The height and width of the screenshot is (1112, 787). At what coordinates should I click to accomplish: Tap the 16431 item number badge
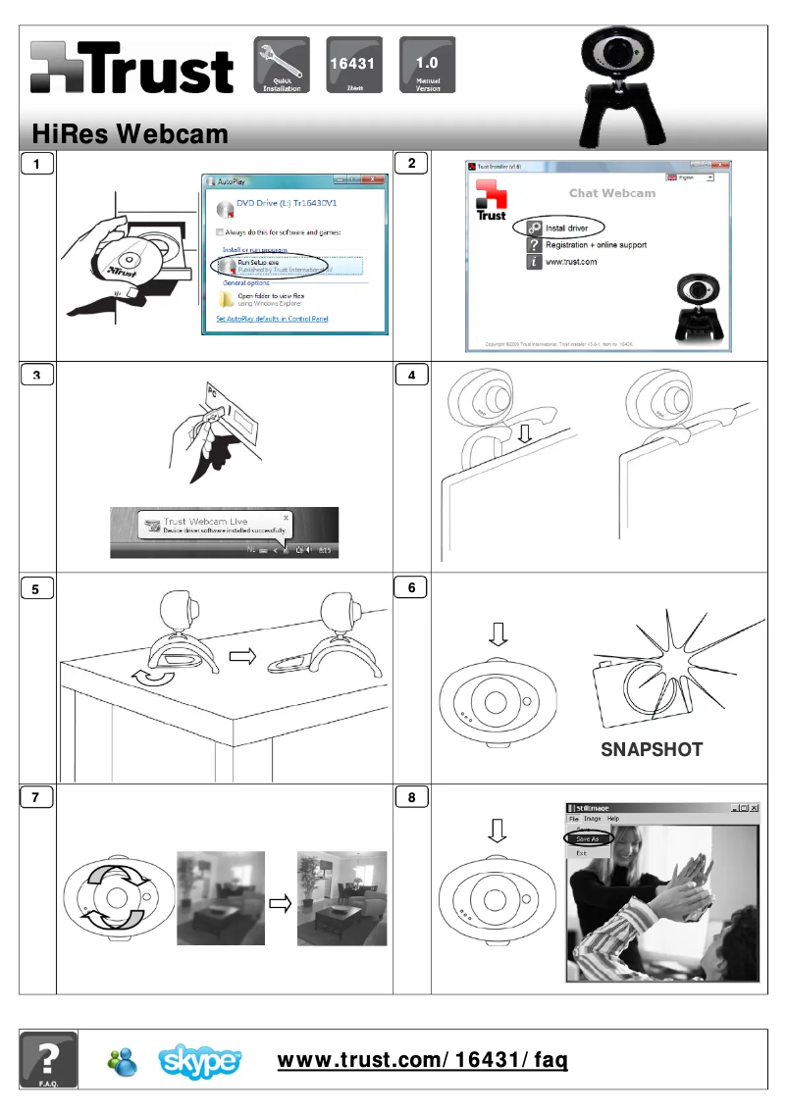pyautogui.click(x=354, y=65)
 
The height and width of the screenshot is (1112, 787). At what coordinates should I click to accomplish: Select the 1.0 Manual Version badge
pyautogui.click(x=427, y=65)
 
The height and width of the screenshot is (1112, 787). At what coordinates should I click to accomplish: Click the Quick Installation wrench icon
pyautogui.click(x=282, y=65)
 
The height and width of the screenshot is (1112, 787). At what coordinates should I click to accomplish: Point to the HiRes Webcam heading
pyautogui.click(x=130, y=132)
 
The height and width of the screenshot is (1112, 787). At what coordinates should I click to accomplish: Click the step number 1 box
pyautogui.click(x=37, y=164)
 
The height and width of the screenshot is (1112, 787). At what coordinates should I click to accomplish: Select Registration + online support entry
pyautogui.click(x=595, y=245)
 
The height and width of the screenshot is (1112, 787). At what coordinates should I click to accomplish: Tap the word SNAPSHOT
pyautogui.click(x=652, y=749)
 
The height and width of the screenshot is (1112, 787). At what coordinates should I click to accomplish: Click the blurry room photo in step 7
pyautogui.click(x=221, y=897)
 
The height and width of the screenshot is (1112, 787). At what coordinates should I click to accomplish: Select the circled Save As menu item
pyautogui.click(x=588, y=838)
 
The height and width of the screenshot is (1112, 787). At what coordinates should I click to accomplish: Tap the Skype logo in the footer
pyautogui.click(x=200, y=1061)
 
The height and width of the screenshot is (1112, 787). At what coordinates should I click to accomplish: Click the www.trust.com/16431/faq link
pyautogui.click(x=423, y=1060)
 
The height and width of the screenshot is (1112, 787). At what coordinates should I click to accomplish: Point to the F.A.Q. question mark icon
pyautogui.click(x=47, y=1059)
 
